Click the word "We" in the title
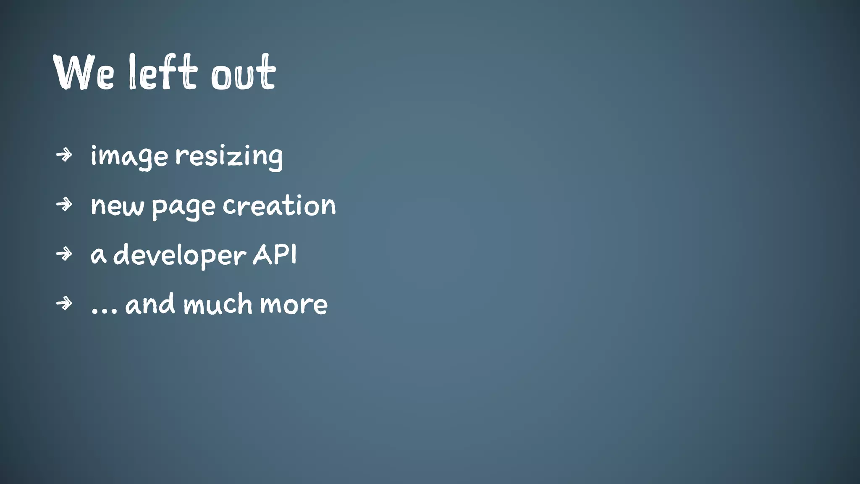(84, 72)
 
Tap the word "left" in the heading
(163, 72)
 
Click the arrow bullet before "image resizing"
(64, 155)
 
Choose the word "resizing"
(229, 156)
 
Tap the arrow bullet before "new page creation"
(64, 205)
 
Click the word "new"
(117, 206)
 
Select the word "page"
(184, 207)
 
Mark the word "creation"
(279, 205)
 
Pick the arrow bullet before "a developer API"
(64, 254)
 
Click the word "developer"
(180, 255)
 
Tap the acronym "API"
(275, 254)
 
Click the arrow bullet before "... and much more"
(64, 303)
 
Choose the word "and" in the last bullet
(150, 304)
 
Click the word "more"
(294, 305)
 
